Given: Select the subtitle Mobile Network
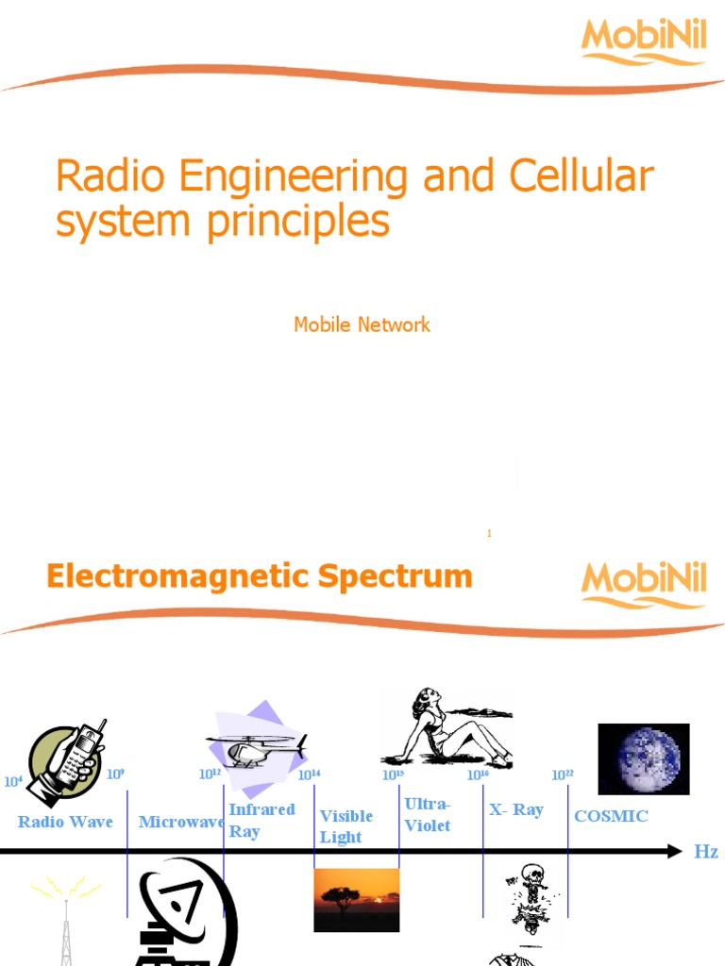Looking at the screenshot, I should click(362, 325).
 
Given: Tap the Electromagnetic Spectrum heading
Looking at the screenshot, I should click(260, 575).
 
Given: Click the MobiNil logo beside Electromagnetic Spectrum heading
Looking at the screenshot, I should click(644, 585).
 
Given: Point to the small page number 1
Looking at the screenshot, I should click(489, 534).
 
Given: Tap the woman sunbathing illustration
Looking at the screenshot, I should click(447, 727).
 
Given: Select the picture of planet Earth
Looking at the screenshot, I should click(644, 759).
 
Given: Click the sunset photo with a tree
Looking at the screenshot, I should click(356, 900).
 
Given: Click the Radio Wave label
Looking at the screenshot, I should click(65, 822).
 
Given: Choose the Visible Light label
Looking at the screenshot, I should click(346, 826).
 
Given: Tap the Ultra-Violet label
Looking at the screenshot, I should click(428, 814).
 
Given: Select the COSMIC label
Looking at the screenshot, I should click(611, 816).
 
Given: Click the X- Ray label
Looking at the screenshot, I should click(516, 810).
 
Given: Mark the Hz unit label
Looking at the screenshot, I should click(706, 852).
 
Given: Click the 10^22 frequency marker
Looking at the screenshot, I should click(563, 775).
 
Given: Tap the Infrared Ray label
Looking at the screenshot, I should click(261, 820).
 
